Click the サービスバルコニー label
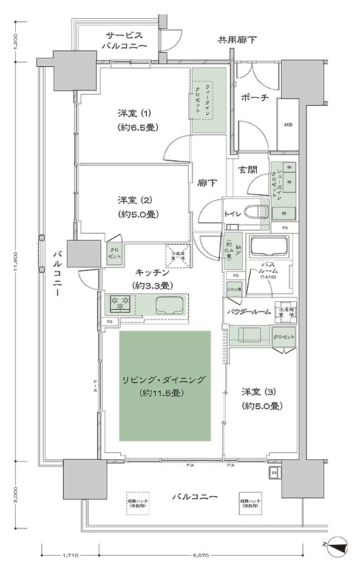[x=126, y=41]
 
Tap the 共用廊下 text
[x=238, y=41]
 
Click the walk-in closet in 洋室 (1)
[x=209, y=100]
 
